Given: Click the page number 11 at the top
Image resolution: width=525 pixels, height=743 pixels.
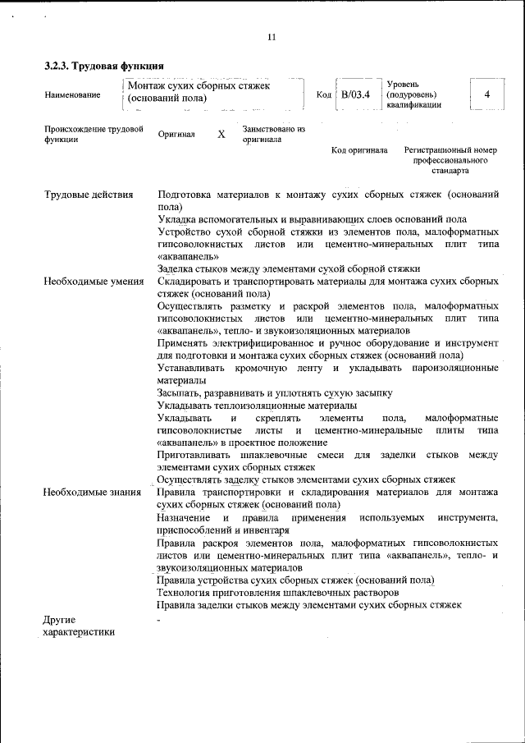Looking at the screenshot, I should click(x=272, y=37).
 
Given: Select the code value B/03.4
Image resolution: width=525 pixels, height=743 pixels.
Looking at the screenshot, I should click(x=356, y=94).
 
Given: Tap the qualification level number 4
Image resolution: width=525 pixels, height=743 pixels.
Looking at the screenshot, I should click(x=487, y=94).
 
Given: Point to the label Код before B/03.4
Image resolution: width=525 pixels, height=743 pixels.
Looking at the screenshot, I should click(x=323, y=95).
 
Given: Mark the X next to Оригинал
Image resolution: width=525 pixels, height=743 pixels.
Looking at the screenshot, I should click(x=221, y=134).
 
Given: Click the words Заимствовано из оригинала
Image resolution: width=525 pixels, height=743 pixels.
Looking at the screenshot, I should click(x=274, y=135).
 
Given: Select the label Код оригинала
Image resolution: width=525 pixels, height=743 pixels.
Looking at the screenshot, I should click(x=359, y=151).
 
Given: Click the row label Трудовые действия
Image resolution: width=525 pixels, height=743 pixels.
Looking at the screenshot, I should click(x=89, y=195).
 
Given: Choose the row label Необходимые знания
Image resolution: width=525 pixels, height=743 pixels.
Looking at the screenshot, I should click(x=92, y=492).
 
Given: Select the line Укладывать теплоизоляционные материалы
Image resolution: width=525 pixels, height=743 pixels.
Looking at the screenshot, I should click(x=257, y=406).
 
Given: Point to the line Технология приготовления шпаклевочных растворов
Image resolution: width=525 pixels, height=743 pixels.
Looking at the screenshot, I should click(x=278, y=592).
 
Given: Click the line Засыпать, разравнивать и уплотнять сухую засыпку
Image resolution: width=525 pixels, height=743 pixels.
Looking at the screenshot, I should click(x=275, y=392).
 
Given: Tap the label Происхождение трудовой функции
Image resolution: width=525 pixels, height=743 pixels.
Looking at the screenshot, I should click(x=94, y=135).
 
